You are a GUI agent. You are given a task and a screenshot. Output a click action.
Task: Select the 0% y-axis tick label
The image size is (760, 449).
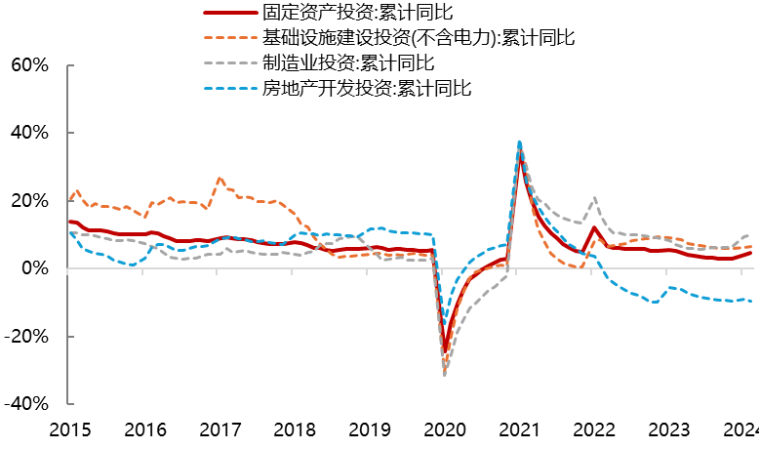[32, 267]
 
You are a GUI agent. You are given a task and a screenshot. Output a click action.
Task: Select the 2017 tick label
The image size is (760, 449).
[219, 429]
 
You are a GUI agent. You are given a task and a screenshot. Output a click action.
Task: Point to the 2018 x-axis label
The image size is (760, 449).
[294, 429]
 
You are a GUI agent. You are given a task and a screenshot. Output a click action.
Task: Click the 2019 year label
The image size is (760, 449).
[369, 429]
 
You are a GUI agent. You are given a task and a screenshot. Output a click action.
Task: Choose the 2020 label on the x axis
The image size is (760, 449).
[444, 429]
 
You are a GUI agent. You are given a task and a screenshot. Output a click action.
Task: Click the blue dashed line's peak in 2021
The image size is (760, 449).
[519, 142]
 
